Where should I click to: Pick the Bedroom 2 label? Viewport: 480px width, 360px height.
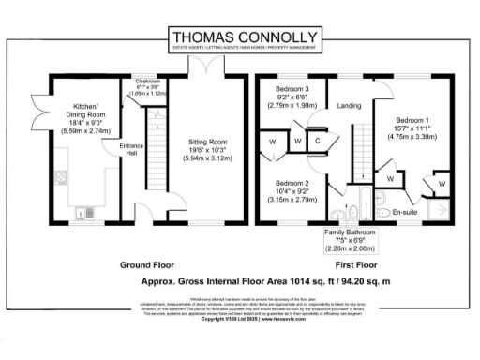(x=293, y=191)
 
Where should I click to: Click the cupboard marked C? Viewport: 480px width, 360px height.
(x=318, y=142)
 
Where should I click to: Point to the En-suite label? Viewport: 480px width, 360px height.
(x=405, y=212)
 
